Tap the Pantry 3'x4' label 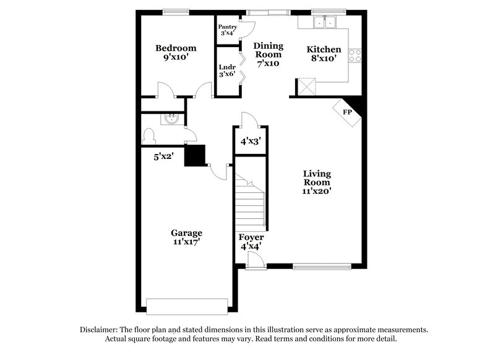228,30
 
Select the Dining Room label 268,54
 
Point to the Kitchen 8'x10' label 324,54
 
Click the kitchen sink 324,23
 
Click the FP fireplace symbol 347,112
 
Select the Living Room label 317,182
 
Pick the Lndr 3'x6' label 227,70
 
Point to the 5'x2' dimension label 163,157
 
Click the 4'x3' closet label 250,141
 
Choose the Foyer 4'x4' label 251,241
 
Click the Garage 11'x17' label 186,238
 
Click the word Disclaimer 102,330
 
